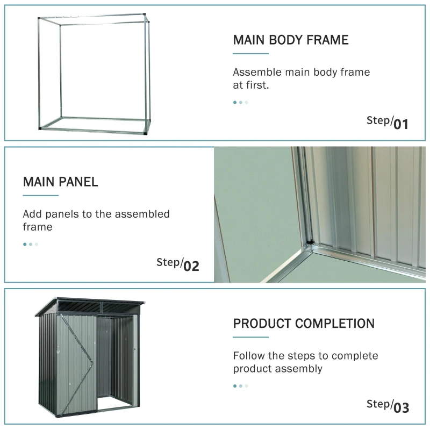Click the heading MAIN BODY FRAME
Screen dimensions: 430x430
[290, 40]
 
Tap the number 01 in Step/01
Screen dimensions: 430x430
[401, 125]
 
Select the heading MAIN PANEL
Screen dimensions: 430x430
[60, 182]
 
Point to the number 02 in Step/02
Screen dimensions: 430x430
[191, 266]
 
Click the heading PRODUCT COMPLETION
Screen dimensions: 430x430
[304, 324]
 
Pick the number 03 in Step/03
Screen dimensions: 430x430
[401, 408]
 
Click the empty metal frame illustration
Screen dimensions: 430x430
[95, 74]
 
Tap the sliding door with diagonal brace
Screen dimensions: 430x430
[77, 363]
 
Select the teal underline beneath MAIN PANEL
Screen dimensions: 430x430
[40, 196]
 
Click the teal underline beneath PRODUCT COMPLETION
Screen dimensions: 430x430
[250, 338]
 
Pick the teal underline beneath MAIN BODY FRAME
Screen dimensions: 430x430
[250, 54]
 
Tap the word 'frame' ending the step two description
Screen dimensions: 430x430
[38, 227]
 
